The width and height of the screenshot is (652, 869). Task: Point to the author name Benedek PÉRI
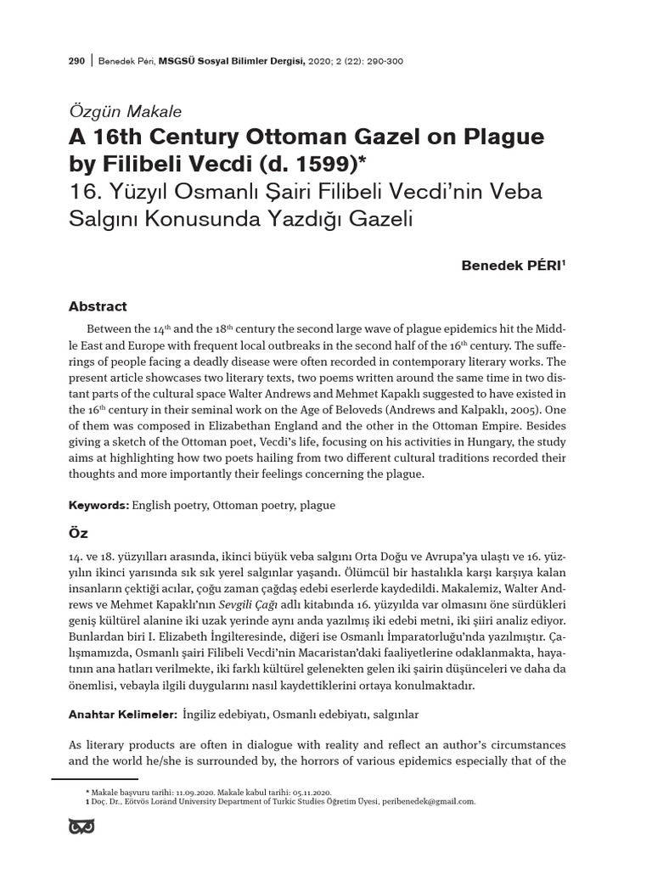pyautogui.click(x=513, y=266)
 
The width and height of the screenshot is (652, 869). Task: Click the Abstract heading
pyautogui.click(x=98, y=306)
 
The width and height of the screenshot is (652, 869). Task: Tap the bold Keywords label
pyautogui.click(x=98, y=505)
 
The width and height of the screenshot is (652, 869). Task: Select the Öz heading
pyautogui.click(x=78, y=535)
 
